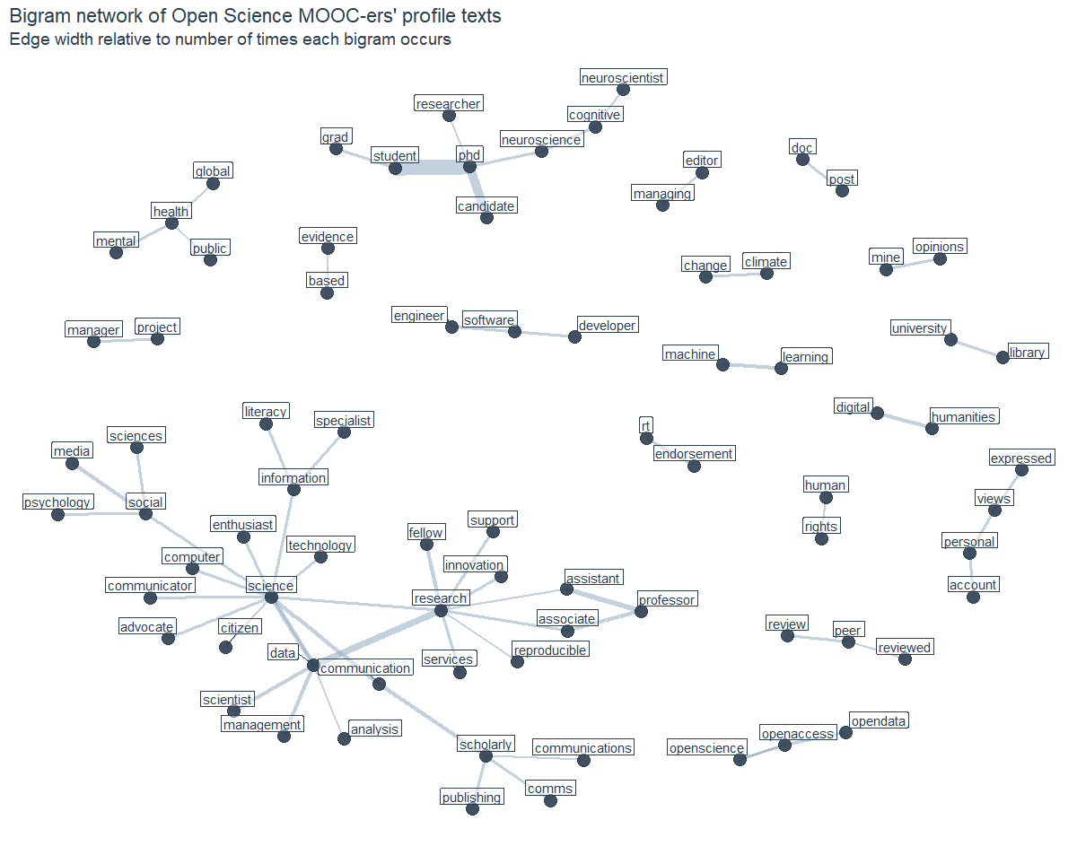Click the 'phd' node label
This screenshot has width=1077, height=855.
tap(469, 155)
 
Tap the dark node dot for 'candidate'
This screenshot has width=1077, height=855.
tap(486, 217)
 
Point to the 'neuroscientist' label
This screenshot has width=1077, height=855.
tap(623, 78)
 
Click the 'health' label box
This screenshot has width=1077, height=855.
tap(171, 212)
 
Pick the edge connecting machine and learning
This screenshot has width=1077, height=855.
tap(752, 366)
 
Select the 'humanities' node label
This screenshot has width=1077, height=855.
tap(964, 416)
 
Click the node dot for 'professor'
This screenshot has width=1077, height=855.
tap(641, 611)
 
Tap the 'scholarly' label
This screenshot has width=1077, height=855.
tap(486, 744)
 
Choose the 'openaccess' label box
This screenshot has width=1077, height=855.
tap(798, 733)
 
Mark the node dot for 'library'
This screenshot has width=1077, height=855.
tap(1003, 357)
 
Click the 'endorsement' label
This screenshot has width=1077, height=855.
tap(694, 454)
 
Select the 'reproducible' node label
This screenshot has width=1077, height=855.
tap(549, 650)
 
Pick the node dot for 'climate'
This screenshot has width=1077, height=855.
tap(766, 273)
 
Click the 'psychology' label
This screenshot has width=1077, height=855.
tap(57, 502)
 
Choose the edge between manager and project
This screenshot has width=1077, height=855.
tap(126, 339)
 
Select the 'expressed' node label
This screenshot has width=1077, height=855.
tap(1020, 458)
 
